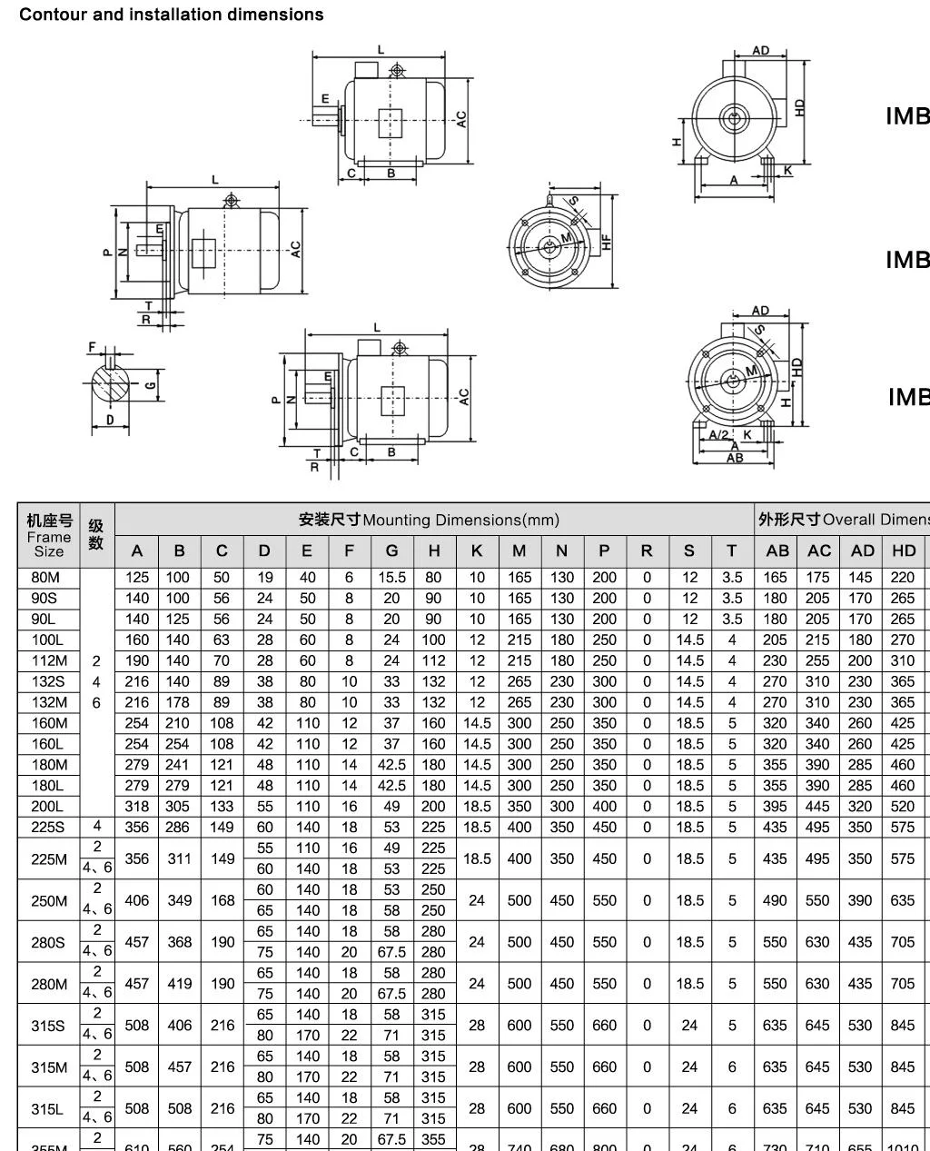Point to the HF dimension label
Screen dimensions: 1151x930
point(606,242)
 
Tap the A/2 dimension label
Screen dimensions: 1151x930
point(718,435)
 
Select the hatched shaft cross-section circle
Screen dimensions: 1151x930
point(111,384)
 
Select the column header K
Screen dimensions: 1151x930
point(477,551)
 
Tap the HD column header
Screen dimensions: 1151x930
point(903,551)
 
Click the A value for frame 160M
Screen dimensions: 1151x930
point(137,723)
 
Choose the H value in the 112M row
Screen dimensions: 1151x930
point(433,660)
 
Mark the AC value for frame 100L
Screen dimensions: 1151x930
point(817,640)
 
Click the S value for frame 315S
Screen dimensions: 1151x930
point(689,1026)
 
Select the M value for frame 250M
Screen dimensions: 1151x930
point(519,900)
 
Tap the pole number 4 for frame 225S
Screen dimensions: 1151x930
point(97,827)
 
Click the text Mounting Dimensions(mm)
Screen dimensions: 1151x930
point(460,520)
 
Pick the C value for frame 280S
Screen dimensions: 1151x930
point(223,942)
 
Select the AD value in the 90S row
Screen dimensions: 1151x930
point(860,599)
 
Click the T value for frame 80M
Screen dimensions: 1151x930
point(732,578)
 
